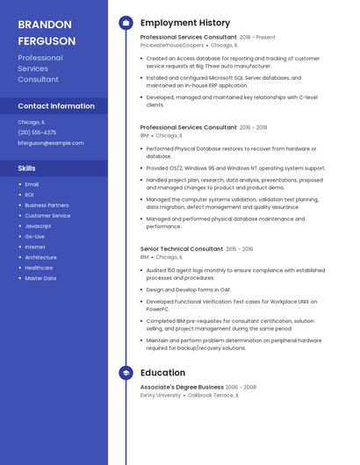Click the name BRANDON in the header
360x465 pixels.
pos(45,25)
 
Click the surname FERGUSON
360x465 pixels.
pos(47,41)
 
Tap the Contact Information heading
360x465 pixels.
pos(56,106)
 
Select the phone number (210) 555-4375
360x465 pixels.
pos(37,132)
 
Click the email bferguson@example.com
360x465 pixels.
pos(51,143)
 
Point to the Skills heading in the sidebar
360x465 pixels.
pos(27,168)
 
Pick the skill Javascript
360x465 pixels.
pos(38,225)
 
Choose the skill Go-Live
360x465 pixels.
pos(35,236)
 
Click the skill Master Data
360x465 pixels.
pos(40,278)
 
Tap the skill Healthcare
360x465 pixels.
pos(39,268)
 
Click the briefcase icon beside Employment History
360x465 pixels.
pos(126,23)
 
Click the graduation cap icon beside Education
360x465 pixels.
pos(126,373)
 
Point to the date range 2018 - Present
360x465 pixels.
pos(257,38)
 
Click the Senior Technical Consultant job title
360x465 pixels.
pos(182,249)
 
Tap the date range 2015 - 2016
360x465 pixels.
pos(239,249)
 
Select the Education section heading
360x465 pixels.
pos(162,373)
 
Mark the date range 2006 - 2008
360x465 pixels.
pos(241,387)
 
